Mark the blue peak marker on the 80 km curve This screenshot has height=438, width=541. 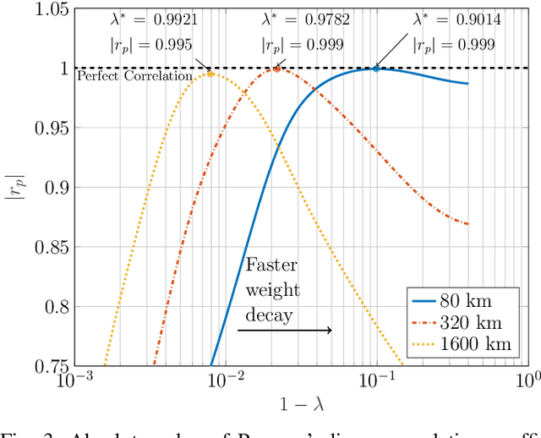pos(376,68)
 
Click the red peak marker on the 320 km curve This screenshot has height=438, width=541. pos(276,68)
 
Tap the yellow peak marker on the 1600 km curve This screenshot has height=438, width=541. pos(210,74)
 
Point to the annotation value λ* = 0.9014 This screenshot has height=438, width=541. pos(457,19)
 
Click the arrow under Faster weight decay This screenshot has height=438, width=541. pos(285,330)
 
